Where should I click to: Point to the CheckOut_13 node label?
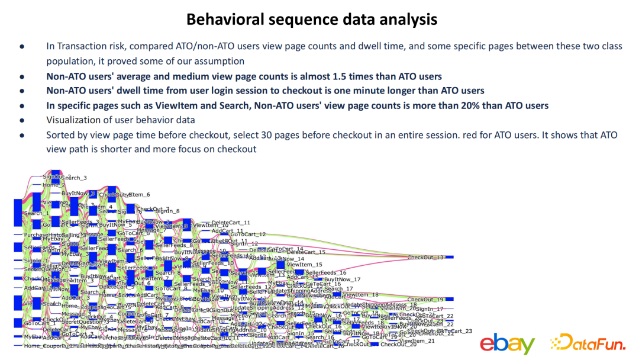[x=425, y=258]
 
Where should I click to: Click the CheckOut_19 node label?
[x=425, y=300]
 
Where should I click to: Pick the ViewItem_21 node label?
[x=417, y=341]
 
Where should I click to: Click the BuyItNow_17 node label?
[x=343, y=279]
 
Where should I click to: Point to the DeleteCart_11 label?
[x=231, y=223]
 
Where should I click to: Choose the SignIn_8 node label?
[x=167, y=211]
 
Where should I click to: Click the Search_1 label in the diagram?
[x=37, y=213]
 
